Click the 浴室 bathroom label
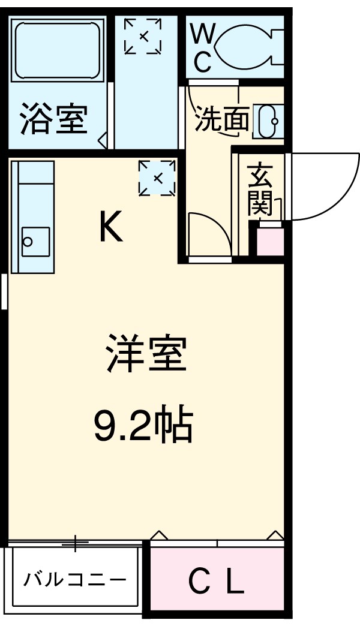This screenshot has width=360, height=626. pyautogui.click(x=54, y=119)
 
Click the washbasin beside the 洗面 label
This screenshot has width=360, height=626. pyautogui.click(x=265, y=121)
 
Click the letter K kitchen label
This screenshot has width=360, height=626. pyautogui.click(x=111, y=227)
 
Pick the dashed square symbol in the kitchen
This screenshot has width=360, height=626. pyautogui.click(x=157, y=177)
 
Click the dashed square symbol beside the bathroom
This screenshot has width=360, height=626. pyautogui.click(x=143, y=36)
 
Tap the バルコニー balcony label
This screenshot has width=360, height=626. pyautogui.click(x=76, y=580)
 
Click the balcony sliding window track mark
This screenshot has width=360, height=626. pyautogui.click(x=75, y=543)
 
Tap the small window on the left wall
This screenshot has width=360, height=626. pyautogui.click(x=4, y=291)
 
